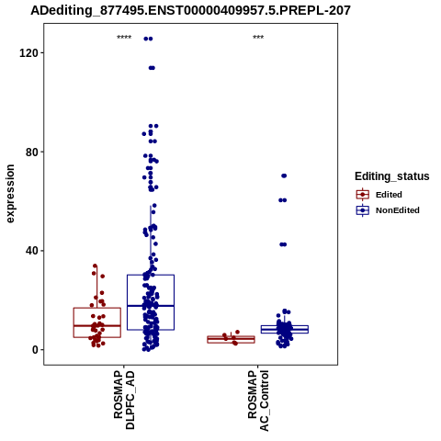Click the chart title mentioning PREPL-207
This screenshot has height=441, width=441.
(190, 10)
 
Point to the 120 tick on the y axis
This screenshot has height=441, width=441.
(28, 53)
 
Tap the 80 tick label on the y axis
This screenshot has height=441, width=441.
(31, 152)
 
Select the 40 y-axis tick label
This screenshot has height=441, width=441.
(31, 251)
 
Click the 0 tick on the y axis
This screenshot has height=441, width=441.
(35, 350)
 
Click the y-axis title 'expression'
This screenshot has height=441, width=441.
(10, 194)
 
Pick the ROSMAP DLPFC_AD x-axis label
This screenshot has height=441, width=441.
(124, 400)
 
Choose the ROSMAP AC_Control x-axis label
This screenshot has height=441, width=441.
(258, 401)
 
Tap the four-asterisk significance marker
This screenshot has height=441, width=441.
(124, 38)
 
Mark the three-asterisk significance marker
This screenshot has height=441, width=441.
(258, 38)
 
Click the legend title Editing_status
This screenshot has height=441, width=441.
(392, 176)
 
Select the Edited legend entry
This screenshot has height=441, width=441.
(379, 195)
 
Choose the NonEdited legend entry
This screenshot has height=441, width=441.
(388, 210)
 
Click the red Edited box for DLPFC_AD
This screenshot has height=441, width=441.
(97, 322)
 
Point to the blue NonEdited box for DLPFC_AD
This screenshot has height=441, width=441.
(151, 302)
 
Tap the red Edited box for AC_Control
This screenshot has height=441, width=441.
(232, 339)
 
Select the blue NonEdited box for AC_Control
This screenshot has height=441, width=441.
(285, 329)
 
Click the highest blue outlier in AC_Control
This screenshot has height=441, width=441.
(284, 175)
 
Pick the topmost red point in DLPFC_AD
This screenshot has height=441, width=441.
(95, 266)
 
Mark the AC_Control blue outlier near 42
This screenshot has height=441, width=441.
(283, 244)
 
